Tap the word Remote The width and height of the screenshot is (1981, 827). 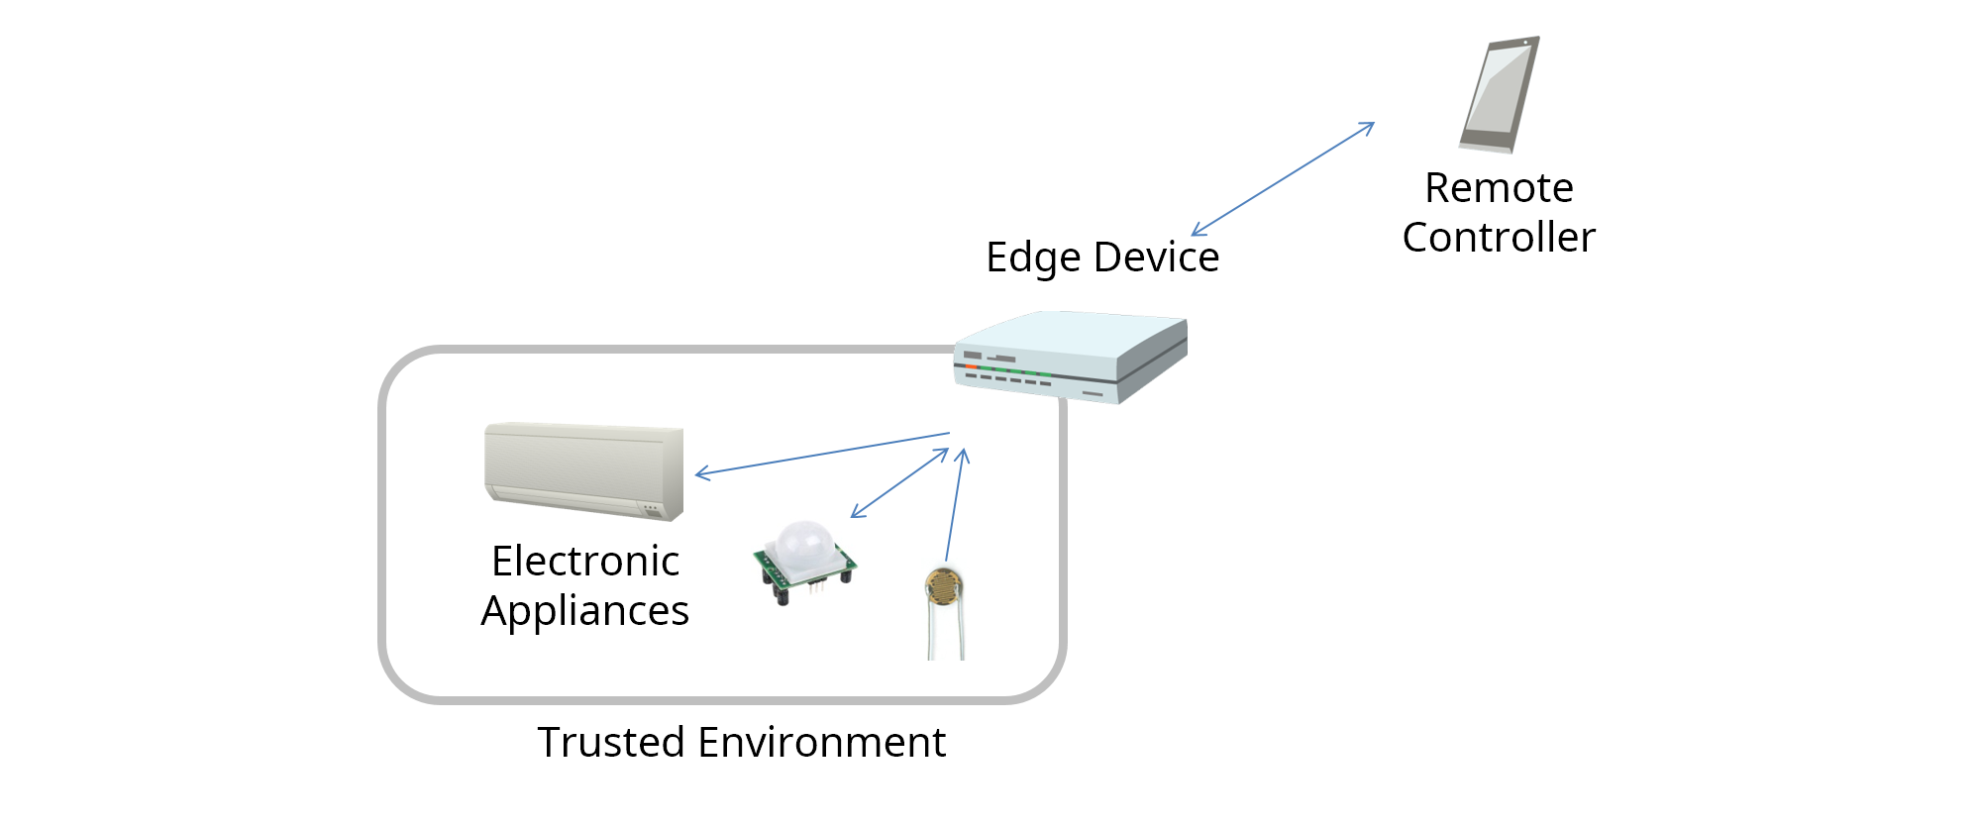[1499, 188]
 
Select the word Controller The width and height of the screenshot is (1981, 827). [1499, 238]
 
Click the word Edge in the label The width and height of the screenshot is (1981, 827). [1033, 258]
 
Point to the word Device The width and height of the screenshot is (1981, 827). [1156, 258]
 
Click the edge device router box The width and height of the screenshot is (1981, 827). [1071, 357]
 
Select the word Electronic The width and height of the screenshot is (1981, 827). [585, 562]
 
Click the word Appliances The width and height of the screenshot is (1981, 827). [585, 611]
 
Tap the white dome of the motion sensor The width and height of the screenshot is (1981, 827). [803, 543]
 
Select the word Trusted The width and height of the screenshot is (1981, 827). [611, 743]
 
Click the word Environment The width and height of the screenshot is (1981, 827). [822, 743]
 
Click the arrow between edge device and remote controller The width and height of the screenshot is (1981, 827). [1283, 179]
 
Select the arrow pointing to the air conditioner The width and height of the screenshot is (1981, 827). [822, 454]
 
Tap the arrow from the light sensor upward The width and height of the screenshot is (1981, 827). [955, 505]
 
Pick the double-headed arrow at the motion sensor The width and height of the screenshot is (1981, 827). [899, 483]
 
